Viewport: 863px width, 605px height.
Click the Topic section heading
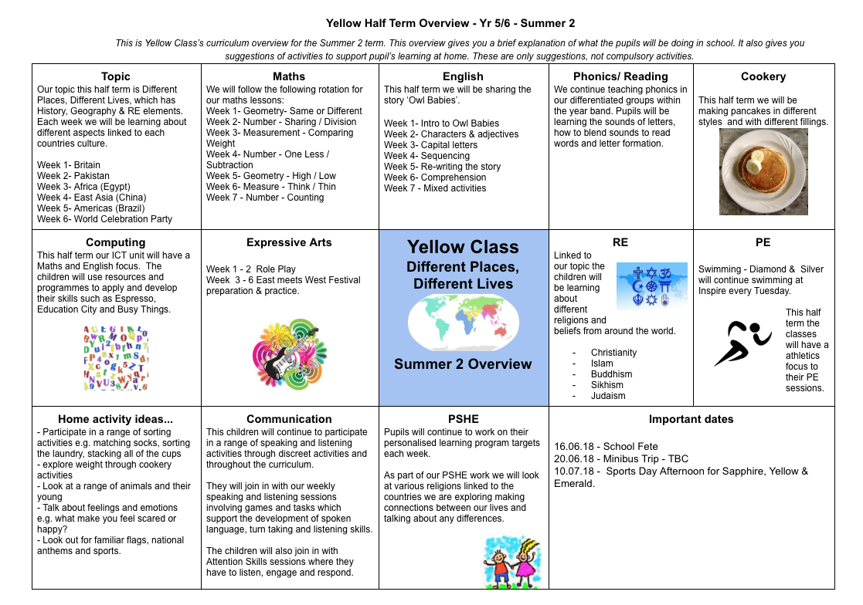click(x=116, y=76)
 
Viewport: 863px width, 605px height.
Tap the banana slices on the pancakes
click(x=753, y=162)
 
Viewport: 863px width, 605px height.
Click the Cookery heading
click(x=763, y=76)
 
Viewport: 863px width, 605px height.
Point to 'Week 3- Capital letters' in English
click(x=430, y=145)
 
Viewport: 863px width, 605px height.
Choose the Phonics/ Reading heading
click(x=620, y=76)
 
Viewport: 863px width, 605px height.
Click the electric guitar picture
click(x=290, y=352)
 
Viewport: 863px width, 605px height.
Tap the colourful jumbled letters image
click(x=116, y=357)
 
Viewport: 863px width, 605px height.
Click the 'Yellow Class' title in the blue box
click(x=463, y=248)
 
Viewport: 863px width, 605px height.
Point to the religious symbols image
click(x=651, y=286)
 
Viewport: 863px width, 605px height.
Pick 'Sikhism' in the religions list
click(x=607, y=385)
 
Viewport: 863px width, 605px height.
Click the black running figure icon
click(x=742, y=342)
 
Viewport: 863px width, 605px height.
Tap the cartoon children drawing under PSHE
click(x=511, y=562)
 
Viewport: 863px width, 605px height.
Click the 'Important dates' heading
click(x=691, y=420)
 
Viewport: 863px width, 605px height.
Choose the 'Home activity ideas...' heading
click(x=116, y=420)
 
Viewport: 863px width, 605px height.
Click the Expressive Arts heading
click(x=289, y=242)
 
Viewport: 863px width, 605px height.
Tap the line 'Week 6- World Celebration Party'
click(x=104, y=219)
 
